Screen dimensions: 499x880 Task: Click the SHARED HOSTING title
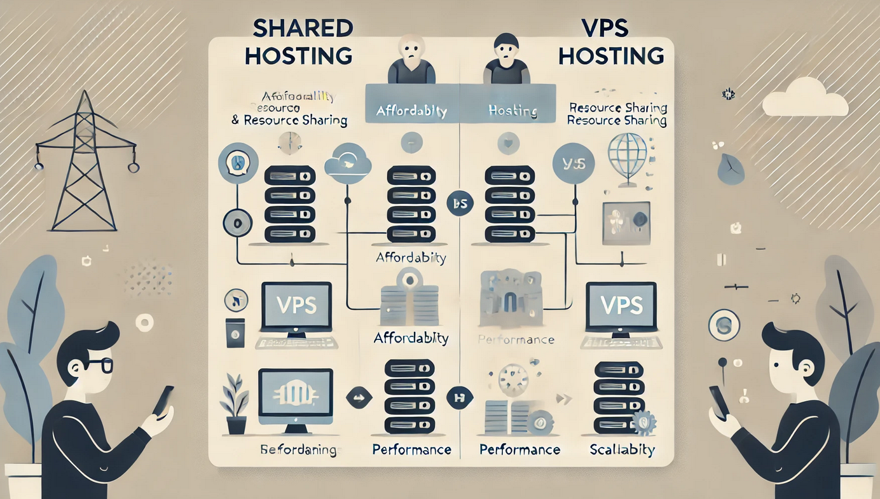tap(298, 42)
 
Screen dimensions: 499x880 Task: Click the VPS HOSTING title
tap(611, 42)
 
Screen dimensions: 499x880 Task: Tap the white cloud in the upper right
tap(804, 99)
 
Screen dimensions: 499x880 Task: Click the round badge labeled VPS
tap(574, 163)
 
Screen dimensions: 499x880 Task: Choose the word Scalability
tap(622, 450)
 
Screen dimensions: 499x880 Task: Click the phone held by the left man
tap(163, 400)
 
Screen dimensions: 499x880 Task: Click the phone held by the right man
tap(718, 402)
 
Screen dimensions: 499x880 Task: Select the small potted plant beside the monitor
tap(235, 404)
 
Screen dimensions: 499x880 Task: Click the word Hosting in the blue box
tap(513, 111)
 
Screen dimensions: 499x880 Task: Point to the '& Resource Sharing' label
tap(289, 120)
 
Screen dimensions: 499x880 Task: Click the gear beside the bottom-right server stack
tap(645, 421)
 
